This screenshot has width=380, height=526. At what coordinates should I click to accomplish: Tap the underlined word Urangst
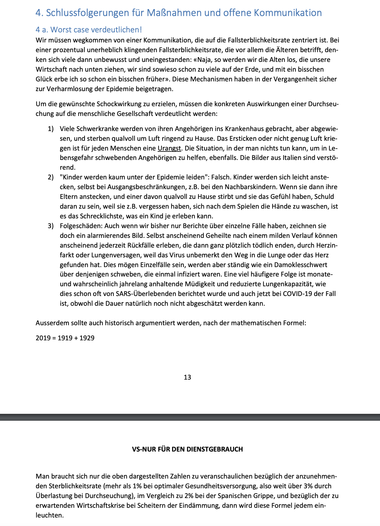pos(169,148)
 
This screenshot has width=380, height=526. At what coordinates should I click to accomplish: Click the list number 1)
pos(51,129)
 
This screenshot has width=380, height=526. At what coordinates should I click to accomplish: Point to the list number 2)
pos(51,178)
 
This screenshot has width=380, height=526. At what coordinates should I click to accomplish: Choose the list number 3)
pos(51,226)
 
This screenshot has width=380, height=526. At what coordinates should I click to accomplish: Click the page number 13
pos(187,377)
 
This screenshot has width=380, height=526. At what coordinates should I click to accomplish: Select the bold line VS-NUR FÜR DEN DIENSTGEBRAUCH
pos(187,449)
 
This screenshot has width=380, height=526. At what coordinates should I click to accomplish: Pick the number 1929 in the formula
pos(87,338)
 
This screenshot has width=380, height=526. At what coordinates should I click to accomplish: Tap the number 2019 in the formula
pos(43,338)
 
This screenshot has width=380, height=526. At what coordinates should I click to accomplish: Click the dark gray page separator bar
pos(190,417)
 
